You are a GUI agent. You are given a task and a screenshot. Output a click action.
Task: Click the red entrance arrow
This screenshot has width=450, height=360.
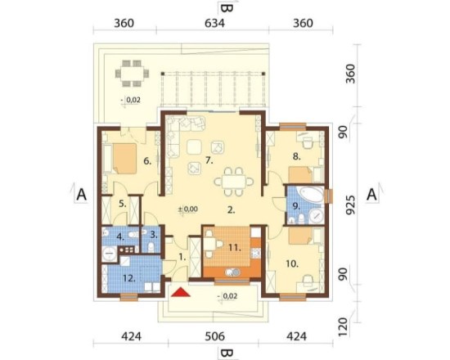[x=181, y=292]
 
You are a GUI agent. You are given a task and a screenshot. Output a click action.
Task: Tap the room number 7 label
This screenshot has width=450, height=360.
[x=209, y=160]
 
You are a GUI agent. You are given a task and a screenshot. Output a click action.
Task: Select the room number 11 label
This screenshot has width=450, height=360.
[x=235, y=247]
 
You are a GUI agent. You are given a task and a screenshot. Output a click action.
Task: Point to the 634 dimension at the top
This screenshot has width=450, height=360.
[x=214, y=23]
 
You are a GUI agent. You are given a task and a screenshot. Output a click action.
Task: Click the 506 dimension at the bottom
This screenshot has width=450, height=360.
[x=214, y=336]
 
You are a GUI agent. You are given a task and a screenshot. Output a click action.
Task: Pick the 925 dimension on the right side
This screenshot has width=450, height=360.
[x=350, y=205]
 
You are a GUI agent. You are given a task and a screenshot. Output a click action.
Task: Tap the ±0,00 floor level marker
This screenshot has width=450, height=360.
[x=188, y=209]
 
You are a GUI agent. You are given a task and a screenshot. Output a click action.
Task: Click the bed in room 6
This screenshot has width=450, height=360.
[x=124, y=159]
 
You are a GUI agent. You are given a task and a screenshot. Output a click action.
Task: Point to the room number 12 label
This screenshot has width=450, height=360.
[x=128, y=278]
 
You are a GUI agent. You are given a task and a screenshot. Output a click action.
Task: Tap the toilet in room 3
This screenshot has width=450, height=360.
[x=151, y=246]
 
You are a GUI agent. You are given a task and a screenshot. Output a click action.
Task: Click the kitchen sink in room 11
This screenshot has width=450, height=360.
[x=232, y=272]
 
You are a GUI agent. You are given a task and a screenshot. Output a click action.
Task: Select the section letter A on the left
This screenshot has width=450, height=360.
[x=81, y=195]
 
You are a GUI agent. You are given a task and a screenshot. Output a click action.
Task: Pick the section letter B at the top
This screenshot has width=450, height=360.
[x=227, y=7]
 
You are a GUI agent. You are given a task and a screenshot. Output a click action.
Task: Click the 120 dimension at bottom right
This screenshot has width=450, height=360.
[x=344, y=327]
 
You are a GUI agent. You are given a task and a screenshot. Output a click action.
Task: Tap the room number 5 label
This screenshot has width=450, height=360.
[x=123, y=204]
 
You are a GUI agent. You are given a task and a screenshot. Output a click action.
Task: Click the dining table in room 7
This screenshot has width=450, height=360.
[x=234, y=182]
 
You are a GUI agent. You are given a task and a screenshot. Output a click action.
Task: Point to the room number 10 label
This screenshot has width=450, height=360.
[x=292, y=263]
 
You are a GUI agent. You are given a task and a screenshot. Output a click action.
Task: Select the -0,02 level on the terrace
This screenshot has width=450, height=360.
[x=131, y=100]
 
